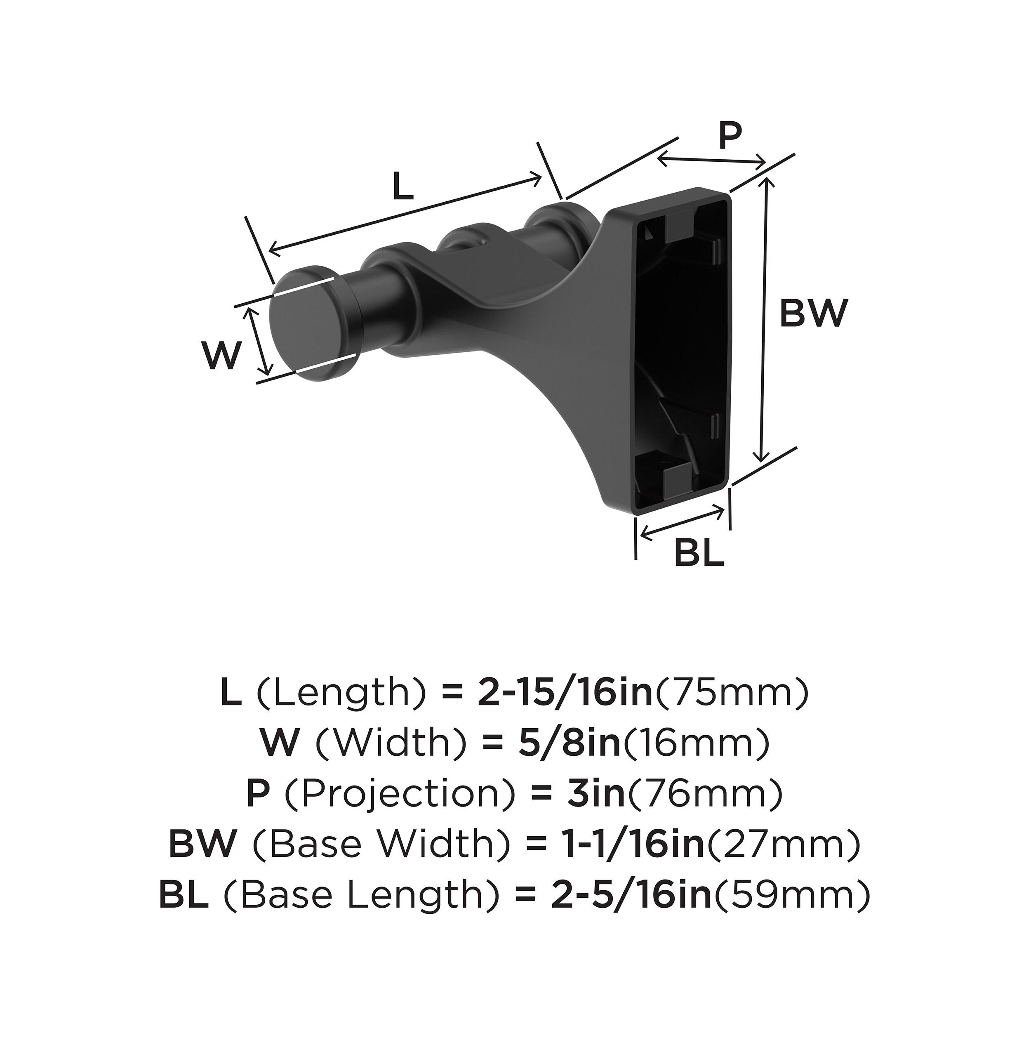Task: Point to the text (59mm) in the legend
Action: point(793,895)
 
